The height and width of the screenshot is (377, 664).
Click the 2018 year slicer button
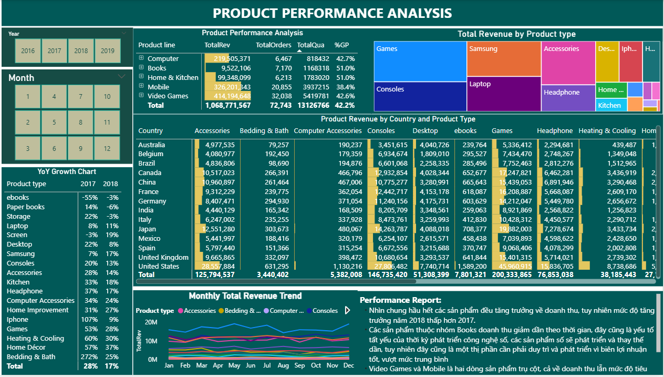click(81, 51)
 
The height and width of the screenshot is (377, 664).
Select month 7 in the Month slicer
click(80, 97)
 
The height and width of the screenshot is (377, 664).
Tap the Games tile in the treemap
click(420, 62)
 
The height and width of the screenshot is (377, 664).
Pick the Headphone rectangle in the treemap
click(568, 98)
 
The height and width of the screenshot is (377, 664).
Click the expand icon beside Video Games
click(141, 96)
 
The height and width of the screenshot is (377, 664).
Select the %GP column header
click(341, 45)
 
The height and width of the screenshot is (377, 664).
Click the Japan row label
click(147, 229)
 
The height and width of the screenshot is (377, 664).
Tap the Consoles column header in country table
click(381, 131)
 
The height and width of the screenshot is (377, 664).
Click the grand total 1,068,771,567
click(226, 105)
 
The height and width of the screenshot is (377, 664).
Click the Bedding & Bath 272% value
click(89, 357)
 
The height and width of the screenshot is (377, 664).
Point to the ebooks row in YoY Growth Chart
click(18, 198)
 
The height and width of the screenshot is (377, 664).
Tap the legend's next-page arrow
click(347, 311)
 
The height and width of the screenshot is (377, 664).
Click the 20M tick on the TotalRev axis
click(151, 322)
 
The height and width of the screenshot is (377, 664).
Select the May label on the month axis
click(234, 365)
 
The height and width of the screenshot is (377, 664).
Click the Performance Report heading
click(400, 300)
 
